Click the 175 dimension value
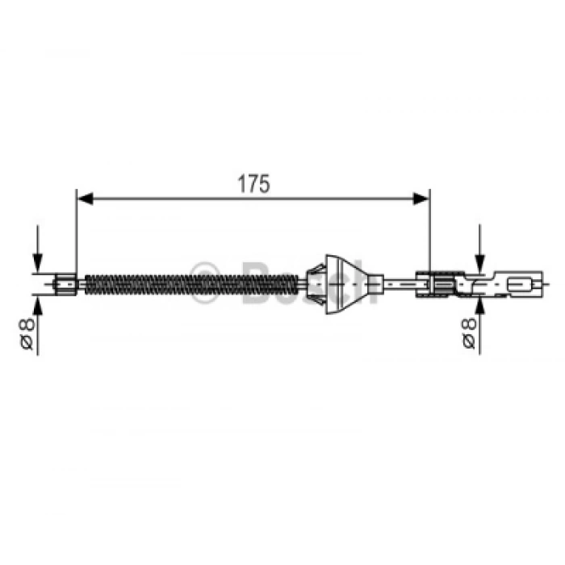(x=253, y=184)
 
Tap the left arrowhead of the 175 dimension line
(x=86, y=199)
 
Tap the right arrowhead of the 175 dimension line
(x=421, y=199)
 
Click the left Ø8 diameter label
(x=27, y=333)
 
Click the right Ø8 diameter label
(x=469, y=333)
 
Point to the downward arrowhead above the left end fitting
(x=37, y=262)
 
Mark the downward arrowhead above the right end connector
(x=479, y=262)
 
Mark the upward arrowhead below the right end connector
(x=479, y=306)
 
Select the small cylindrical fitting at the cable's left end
(x=65, y=284)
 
